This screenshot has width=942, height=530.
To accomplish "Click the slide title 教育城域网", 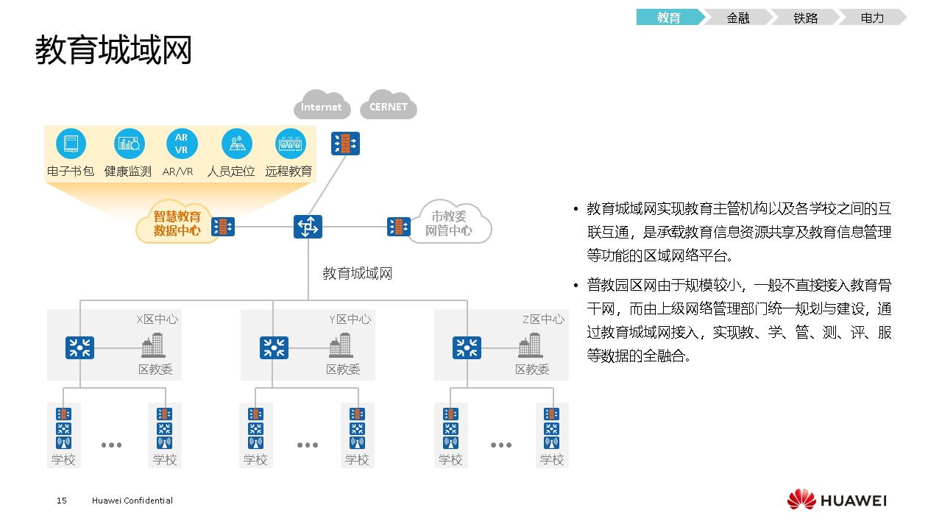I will coord(113,50).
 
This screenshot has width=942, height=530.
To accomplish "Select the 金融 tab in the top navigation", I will coord(737,18).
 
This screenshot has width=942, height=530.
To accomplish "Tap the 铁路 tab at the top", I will coord(805,18).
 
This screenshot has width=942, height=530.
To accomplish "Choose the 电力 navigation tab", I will coord(872,18).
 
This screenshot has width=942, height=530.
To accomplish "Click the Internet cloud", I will coord(322,107).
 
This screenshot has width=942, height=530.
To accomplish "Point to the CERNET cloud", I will coord(389,107).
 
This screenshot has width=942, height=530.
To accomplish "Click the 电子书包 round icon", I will coord(71,144).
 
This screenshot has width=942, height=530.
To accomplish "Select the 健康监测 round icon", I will coord(129,144).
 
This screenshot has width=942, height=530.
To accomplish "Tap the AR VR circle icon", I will coord(181,144).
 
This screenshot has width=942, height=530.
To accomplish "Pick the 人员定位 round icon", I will coord(237,144).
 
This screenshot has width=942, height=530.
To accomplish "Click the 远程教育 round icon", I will coord(290,144).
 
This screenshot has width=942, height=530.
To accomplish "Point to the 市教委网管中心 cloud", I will coord(449,223).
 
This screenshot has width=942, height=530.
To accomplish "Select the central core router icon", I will coord(308,226).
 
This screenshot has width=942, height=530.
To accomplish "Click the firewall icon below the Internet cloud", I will coord(345,144).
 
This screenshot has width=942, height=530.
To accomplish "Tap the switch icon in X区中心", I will coord(79,347).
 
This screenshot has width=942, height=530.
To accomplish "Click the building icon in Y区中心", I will coord(341,345).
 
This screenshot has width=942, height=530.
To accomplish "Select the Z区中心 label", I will coord(543,319).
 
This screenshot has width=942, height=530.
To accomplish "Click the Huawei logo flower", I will coord(801,500).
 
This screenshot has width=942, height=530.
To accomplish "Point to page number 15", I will coord(62,501).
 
